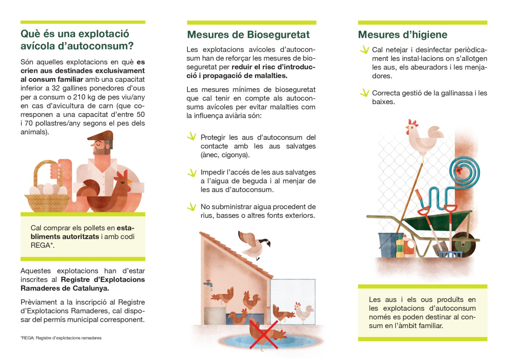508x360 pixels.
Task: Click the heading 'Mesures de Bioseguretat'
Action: click(248, 34)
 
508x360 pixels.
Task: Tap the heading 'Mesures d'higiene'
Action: click(403, 34)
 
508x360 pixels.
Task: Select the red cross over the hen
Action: click(264, 335)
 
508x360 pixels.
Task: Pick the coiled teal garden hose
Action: click(464, 170)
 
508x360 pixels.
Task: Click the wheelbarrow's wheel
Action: click(462, 245)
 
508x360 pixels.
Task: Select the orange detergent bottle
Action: click(409, 246)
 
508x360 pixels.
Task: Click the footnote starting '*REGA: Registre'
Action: click(61, 338)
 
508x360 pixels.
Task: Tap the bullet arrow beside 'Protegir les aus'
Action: click(192, 136)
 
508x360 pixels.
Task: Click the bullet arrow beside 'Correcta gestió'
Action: click(363, 92)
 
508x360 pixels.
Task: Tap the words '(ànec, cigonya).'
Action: click(225, 155)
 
